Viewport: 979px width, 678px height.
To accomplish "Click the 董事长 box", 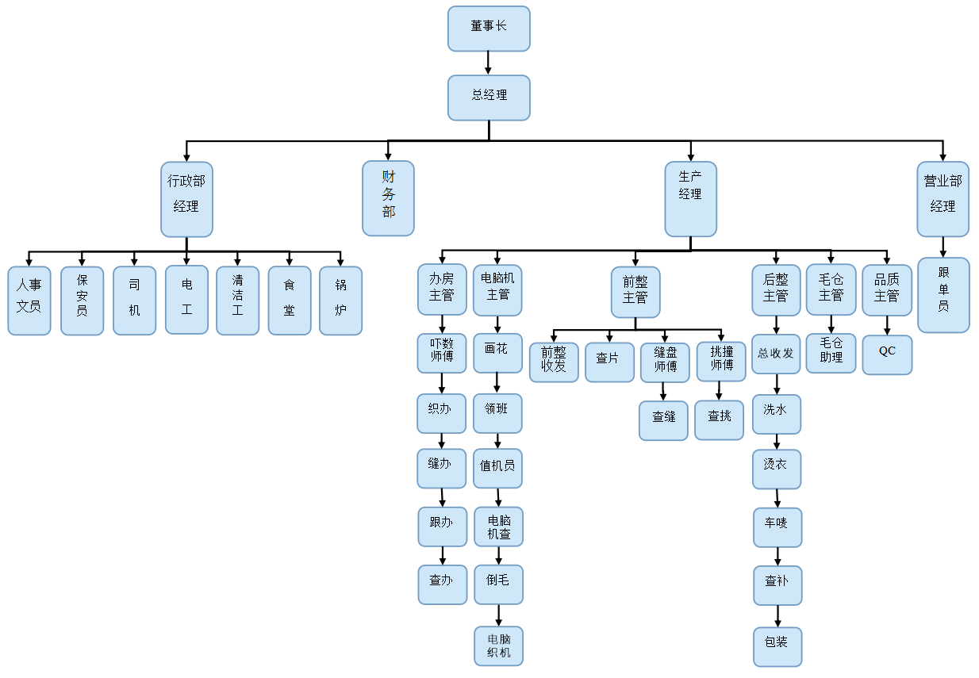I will click(489, 29).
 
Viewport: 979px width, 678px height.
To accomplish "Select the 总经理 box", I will click(489, 98).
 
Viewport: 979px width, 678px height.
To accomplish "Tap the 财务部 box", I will click(388, 198).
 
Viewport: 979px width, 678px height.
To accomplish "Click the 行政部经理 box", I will click(186, 199).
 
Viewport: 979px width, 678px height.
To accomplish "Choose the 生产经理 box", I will click(690, 199).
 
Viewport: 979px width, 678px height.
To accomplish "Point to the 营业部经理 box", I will click(943, 199).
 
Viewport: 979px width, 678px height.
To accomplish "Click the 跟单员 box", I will click(943, 294).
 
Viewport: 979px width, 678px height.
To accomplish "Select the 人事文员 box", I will click(29, 301).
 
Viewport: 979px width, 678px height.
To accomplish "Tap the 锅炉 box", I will click(340, 301).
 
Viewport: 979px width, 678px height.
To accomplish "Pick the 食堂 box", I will click(289, 301).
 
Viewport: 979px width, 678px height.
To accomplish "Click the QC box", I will click(887, 354).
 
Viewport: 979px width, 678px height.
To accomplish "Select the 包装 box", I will click(777, 646).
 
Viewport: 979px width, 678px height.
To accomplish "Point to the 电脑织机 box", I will click(498, 645).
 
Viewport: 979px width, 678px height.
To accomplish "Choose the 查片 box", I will click(609, 362).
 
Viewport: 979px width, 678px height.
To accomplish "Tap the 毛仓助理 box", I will click(831, 353).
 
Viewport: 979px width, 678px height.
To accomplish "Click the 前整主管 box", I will click(635, 292).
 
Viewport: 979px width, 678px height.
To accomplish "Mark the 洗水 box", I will click(776, 414).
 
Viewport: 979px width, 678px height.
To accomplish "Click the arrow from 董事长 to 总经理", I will click(489, 63).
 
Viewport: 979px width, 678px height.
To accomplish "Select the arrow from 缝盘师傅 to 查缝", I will click(663, 392).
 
